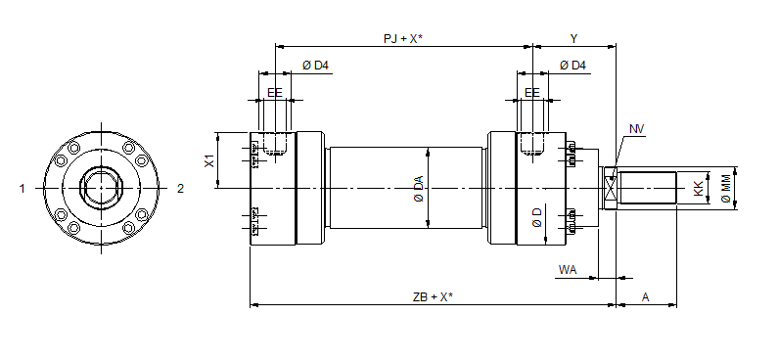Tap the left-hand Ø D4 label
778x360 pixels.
point(315,66)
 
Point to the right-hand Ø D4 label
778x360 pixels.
point(572,66)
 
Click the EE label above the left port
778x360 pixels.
point(274,92)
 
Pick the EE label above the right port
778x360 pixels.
point(532,92)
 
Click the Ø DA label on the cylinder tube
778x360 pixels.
point(418,188)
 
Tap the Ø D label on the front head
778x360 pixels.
point(537,217)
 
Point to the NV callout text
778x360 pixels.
point(637,129)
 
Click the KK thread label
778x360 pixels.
point(699,188)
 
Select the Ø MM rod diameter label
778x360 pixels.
point(725,187)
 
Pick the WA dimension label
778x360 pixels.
point(567,268)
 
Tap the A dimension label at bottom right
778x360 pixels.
point(645,295)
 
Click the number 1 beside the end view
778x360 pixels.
point(22,189)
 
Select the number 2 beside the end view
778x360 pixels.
point(180,189)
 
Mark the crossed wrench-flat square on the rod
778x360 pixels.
point(611,187)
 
